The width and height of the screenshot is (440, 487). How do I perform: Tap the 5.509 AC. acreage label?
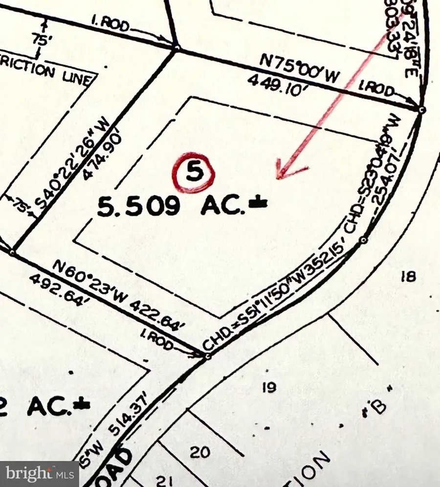182,206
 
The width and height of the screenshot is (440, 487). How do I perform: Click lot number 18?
408,277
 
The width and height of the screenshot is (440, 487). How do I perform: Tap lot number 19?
269,388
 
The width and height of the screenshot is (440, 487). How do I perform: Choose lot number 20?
200,451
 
